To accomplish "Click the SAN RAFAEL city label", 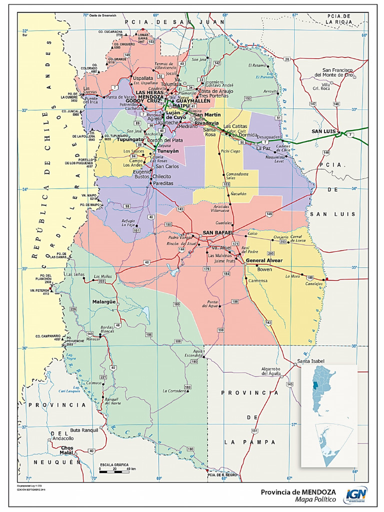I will click(217, 233).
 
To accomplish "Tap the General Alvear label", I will click(264, 260).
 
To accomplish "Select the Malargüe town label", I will click(104, 302).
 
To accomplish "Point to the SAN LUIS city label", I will click(322, 131).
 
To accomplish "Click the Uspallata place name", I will click(143, 78).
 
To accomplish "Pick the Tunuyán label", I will click(167, 150).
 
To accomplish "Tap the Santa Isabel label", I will click(310, 361).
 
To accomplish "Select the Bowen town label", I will click(264, 269).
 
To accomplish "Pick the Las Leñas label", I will click(75, 274).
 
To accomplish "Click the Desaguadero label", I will click(269, 136).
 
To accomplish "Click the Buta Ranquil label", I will click(82, 430).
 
